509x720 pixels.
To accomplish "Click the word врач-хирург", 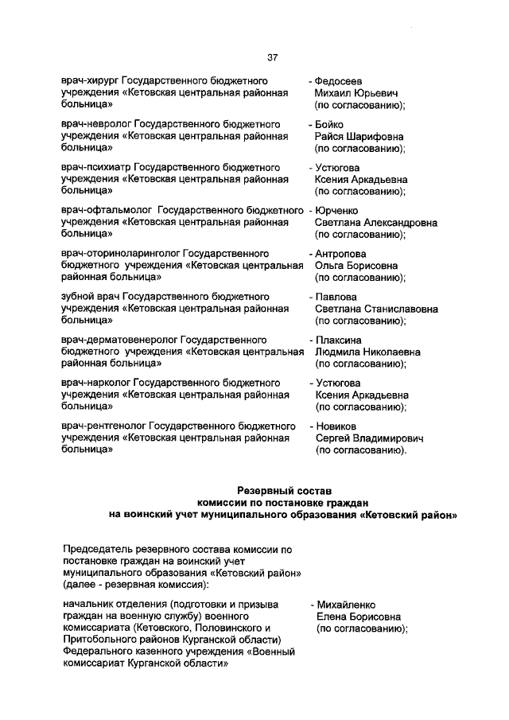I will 91,81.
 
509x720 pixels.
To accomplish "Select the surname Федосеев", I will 341,81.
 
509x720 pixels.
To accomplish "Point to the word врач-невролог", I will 95,125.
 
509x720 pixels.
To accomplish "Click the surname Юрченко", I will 337,211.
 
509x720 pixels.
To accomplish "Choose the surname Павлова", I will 336,297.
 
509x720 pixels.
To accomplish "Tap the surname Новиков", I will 337,426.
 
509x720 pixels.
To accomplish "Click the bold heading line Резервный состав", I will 282,488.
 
